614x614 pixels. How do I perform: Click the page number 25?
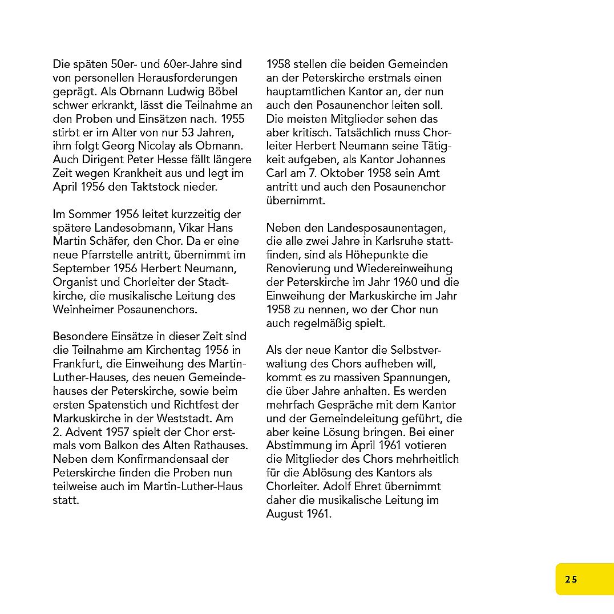(571, 579)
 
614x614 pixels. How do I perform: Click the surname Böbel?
(223, 91)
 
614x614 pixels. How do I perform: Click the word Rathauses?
(219, 445)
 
